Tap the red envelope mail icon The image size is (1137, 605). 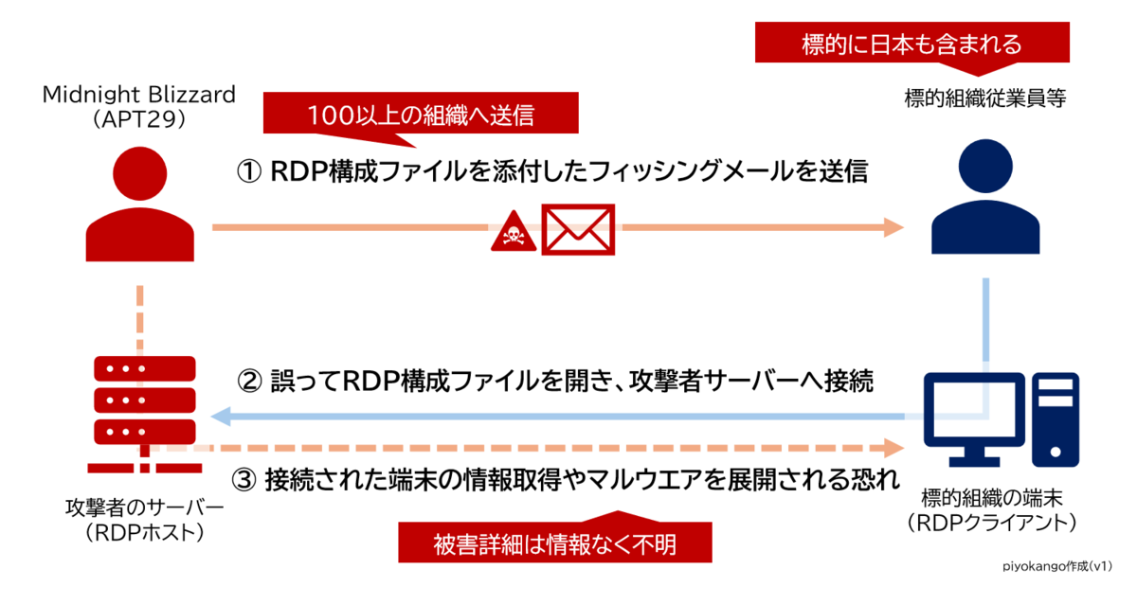[x=577, y=228]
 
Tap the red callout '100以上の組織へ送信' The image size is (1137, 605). [x=421, y=115]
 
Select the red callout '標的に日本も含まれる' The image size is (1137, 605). [x=911, y=43]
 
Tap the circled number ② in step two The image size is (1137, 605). [x=247, y=382]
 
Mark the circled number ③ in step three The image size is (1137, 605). [x=247, y=479]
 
